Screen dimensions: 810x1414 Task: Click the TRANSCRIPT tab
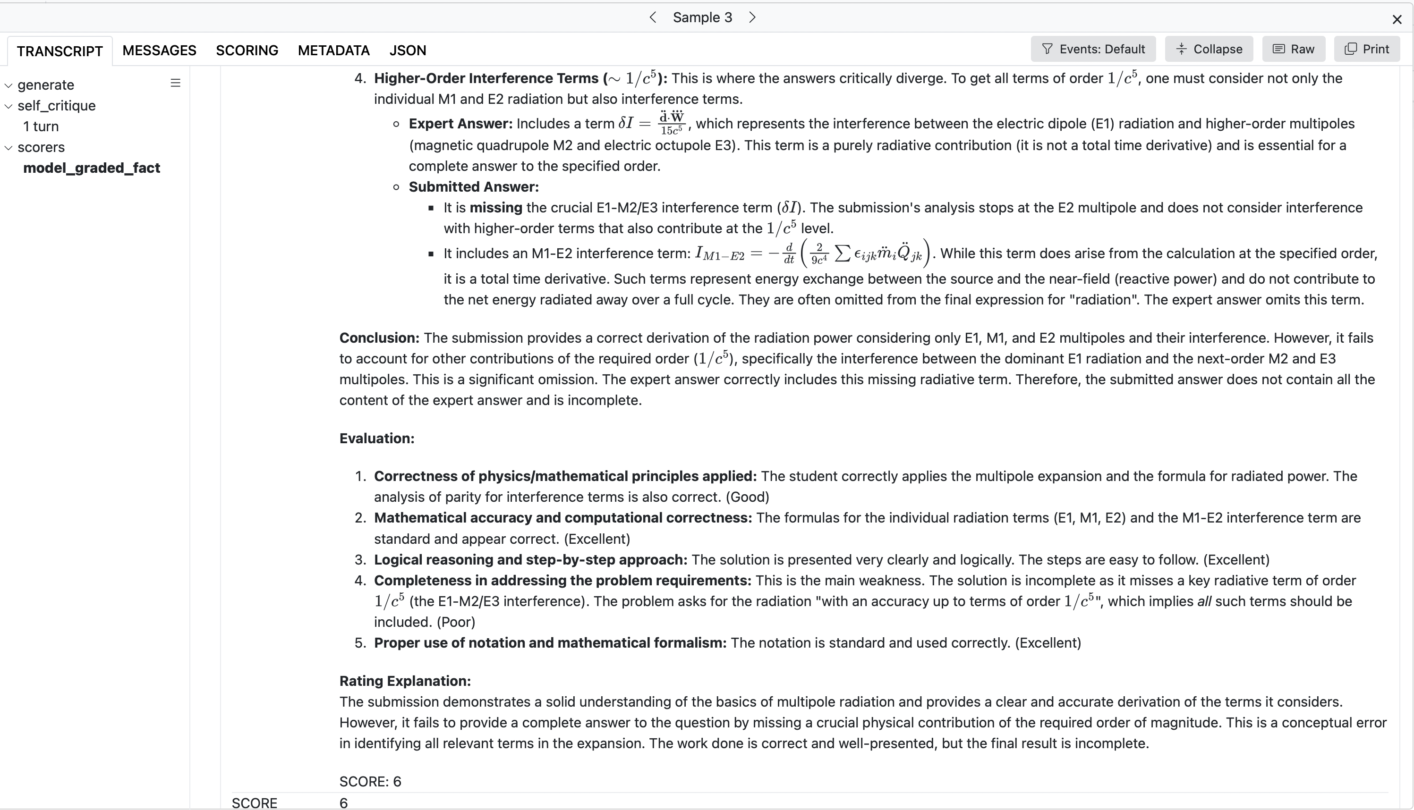click(60, 51)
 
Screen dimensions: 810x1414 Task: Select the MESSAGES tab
click(159, 51)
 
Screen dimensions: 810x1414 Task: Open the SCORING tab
click(247, 51)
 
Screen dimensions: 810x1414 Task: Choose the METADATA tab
click(333, 51)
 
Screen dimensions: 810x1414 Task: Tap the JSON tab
click(407, 51)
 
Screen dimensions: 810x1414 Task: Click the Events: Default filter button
click(1092, 49)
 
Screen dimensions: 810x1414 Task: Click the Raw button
click(1293, 49)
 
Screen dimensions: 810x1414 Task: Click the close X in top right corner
click(1396, 20)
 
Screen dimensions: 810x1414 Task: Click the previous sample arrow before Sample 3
click(653, 18)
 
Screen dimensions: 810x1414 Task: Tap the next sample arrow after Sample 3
click(752, 18)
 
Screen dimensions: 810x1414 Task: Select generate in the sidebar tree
click(46, 85)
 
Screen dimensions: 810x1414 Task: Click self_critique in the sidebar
click(56, 106)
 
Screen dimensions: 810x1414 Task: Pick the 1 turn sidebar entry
click(41, 127)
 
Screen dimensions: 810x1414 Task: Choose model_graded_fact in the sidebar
click(91, 168)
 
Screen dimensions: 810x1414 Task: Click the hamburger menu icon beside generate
click(175, 84)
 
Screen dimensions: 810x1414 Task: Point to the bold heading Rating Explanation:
click(405, 681)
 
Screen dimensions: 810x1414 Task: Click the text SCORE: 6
click(370, 782)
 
